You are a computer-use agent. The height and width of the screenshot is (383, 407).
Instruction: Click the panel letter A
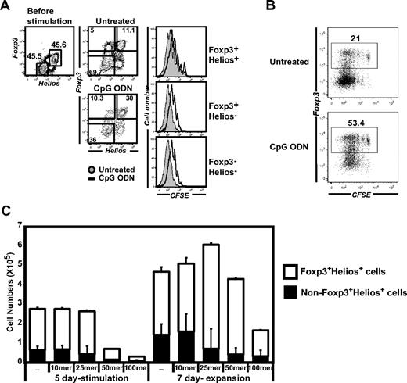point(6,7)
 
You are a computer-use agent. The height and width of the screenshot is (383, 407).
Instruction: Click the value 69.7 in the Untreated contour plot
point(94,70)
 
